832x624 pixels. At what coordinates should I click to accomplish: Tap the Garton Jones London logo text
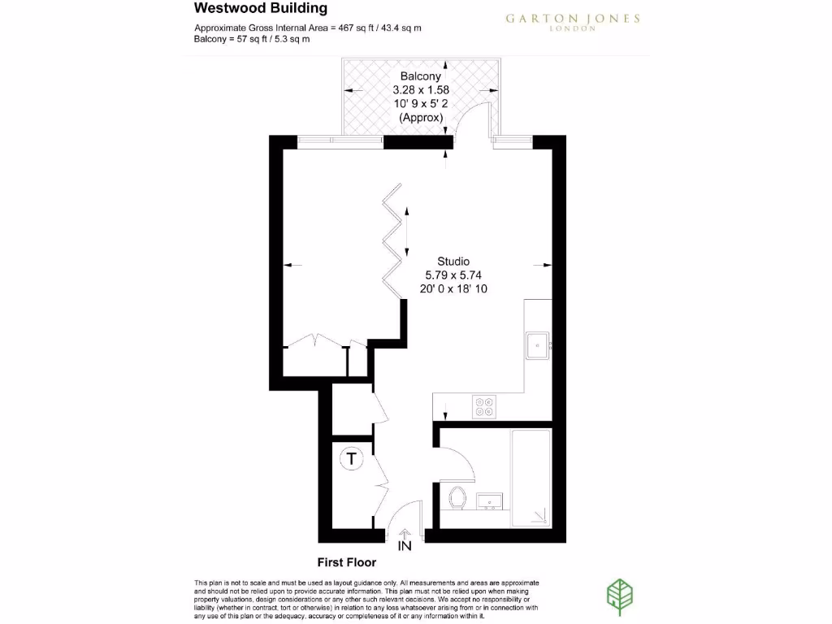point(573,21)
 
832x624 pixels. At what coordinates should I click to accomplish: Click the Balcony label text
point(421,76)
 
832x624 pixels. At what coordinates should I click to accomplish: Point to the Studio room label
point(453,262)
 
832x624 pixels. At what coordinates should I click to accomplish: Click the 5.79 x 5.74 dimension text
point(453,275)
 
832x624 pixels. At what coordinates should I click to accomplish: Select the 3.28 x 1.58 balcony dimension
point(421,90)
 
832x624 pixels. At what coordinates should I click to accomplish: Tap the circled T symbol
point(351,459)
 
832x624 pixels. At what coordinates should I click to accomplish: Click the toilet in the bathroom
point(457,496)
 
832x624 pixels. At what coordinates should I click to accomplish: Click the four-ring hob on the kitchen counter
point(485,406)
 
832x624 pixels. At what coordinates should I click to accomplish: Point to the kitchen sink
point(538,345)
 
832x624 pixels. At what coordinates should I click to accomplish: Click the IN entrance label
point(405,546)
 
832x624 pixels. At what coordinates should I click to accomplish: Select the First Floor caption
point(346,562)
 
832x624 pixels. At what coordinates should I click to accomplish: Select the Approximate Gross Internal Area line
point(307,28)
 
